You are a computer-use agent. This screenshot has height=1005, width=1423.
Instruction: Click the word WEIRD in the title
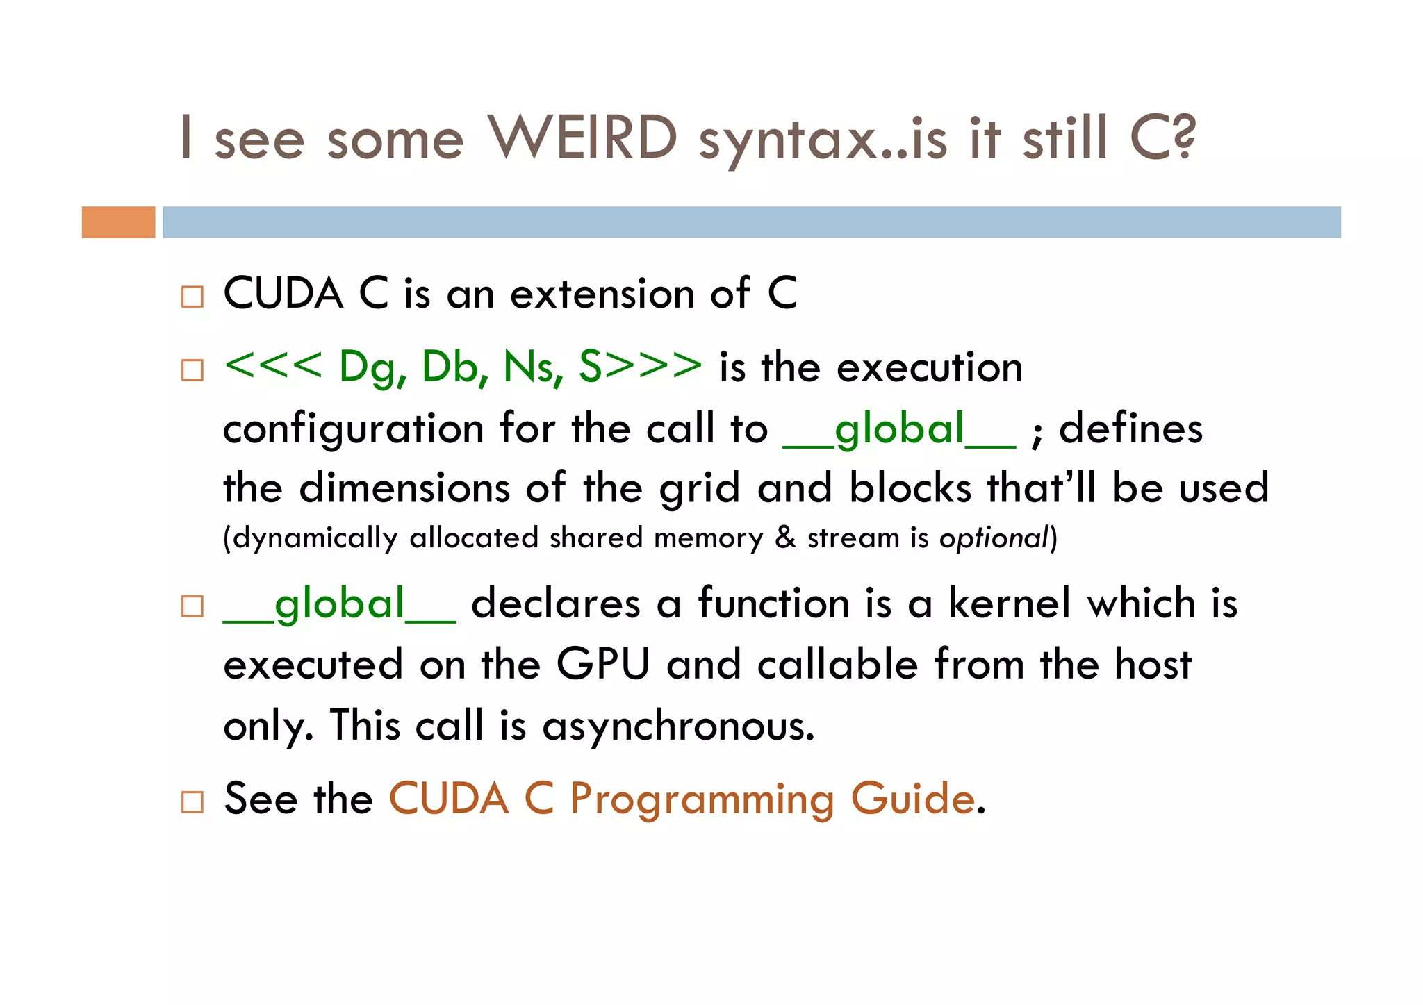[582, 137]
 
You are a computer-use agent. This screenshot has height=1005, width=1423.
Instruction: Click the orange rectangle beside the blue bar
[118, 222]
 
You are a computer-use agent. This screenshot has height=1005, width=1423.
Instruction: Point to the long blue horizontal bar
[750, 222]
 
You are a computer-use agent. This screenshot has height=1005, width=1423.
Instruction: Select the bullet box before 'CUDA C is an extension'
[192, 297]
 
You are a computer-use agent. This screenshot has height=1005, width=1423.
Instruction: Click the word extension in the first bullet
[602, 294]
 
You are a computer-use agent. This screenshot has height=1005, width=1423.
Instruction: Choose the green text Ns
[532, 367]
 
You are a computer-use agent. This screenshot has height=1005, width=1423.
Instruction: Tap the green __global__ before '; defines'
[899, 429]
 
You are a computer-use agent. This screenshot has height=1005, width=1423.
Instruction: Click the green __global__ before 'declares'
[339, 604]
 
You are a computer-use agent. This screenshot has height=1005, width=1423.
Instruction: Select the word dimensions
[404, 488]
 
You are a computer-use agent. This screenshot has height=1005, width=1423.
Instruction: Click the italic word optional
[993, 538]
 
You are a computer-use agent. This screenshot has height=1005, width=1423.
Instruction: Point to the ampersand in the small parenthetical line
[785, 538]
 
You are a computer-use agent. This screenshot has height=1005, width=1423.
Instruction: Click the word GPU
[602, 665]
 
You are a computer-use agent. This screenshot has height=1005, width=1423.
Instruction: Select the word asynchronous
[677, 726]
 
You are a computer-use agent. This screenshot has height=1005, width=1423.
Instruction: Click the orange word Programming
[702, 799]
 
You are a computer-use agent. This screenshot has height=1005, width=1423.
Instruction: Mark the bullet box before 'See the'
[192, 802]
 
